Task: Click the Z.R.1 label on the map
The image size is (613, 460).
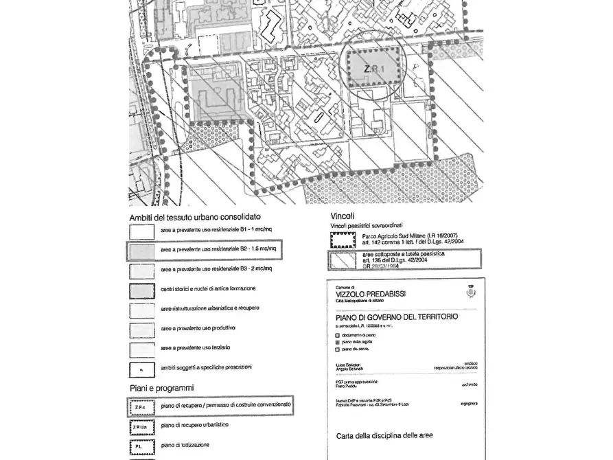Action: pos(373,69)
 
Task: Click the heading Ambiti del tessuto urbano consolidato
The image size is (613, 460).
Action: pos(194,217)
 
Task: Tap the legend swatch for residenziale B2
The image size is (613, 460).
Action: pos(141,251)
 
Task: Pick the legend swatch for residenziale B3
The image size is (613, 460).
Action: pos(141,270)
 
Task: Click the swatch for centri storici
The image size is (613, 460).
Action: pos(141,290)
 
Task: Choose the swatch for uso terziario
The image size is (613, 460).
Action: pos(141,349)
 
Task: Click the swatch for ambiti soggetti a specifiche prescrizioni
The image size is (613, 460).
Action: pos(141,369)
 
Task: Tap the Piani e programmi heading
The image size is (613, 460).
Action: pos(161,388)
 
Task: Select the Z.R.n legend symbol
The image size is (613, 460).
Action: pos(141,406)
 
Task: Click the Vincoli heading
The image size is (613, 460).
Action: pos(343,214)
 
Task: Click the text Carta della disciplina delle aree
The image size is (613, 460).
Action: pos(384,435)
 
